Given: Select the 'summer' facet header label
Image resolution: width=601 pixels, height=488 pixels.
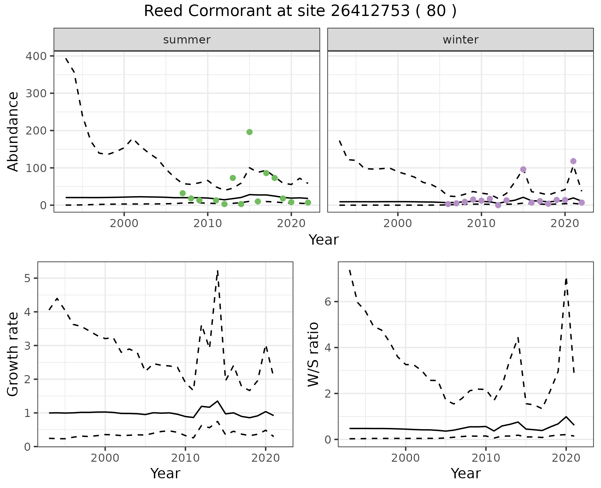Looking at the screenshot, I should [187, 40].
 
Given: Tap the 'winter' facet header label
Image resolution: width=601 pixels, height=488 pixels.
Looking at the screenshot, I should [460, 40].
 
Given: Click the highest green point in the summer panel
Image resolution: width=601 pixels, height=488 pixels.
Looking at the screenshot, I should [249, 132].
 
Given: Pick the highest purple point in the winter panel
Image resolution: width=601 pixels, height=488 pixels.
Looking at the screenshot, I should [573, 161].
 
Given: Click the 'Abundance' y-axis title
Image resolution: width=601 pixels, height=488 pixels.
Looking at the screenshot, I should [13, 131].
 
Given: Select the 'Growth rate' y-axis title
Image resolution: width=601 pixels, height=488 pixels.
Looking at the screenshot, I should [13, 354].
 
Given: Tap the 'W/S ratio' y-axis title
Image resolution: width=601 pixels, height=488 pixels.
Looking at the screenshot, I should [313, 354].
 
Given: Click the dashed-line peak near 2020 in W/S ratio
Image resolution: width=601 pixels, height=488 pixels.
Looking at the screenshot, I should [566, 278].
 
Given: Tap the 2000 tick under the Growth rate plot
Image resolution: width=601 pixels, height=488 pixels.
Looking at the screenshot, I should [105, 458].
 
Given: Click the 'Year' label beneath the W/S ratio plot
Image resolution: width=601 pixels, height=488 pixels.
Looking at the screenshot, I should [465, 473].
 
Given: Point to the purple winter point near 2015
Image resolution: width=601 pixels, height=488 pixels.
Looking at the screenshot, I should [523, 169].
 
